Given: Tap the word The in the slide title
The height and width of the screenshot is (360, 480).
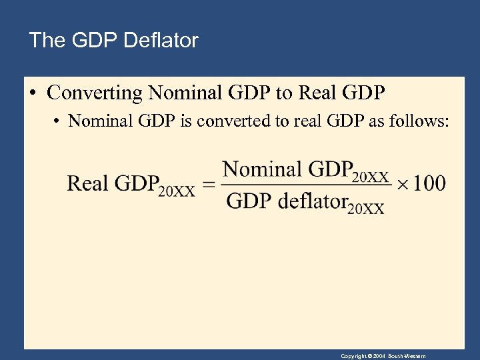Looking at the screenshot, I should pos(47,41).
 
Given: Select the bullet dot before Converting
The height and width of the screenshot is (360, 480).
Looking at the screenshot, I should pos(33,93).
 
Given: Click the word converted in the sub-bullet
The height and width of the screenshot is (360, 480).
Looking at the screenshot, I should pos(222,121).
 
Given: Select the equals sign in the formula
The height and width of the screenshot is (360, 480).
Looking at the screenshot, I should pos(209,184).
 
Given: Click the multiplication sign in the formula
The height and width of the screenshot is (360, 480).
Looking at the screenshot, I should pos(401,183).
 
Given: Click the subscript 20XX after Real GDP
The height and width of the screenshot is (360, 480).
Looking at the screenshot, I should pos(176,190).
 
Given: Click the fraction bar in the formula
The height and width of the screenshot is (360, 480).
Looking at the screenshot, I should pos(306,185).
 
